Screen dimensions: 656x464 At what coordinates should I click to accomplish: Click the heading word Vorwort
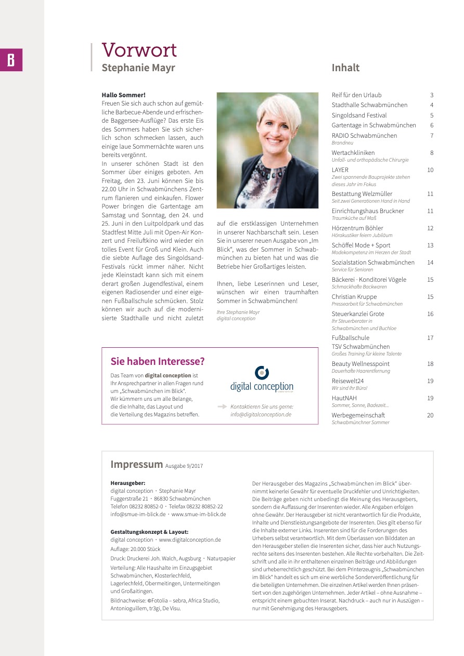(139, 50)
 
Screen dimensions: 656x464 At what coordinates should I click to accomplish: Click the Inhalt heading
(345, 68)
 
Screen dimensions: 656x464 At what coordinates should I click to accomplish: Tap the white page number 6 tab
(11, 60)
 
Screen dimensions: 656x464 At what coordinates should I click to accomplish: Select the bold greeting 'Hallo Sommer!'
(124, 95)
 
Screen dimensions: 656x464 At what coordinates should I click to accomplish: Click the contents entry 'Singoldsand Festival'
(359, 115)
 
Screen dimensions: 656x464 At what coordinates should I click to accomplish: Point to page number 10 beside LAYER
(430, 170)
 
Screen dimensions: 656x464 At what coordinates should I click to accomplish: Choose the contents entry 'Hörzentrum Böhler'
(357, 228)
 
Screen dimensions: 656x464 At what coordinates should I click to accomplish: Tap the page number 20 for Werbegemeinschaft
(430, 415)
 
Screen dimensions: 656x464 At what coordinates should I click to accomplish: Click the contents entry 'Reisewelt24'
(347, 381)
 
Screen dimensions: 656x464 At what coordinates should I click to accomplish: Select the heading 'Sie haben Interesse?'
(158, 361)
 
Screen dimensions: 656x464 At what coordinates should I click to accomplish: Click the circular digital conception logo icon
(262, 373)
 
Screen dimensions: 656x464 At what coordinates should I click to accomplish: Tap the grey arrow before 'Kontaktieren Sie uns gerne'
(222, 406)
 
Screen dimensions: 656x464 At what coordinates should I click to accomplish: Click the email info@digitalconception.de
(261, 415)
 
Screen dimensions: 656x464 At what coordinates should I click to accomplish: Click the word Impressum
(136, 464)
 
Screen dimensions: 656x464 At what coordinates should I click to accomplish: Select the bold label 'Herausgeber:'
(127, 483)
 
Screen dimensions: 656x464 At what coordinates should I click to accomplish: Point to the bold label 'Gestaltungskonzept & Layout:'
(149, 532)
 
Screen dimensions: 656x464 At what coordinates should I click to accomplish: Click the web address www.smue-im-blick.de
(199, 514)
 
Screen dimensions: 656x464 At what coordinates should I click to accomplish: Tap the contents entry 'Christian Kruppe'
(354, 297)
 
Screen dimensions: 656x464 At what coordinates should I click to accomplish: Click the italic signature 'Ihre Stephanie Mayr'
(238, 312)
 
